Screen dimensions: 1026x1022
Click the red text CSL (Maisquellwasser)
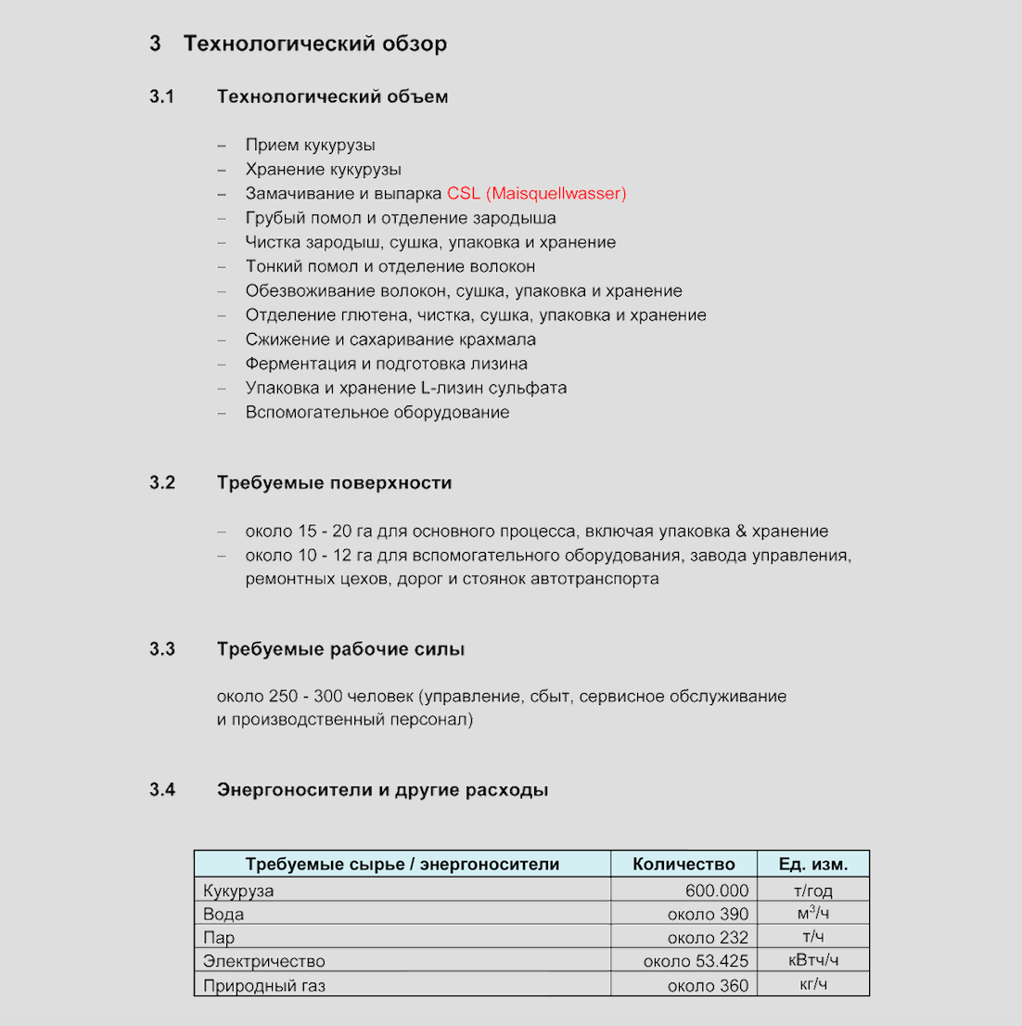pos(536,194)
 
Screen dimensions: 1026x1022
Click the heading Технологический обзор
pos(314,44)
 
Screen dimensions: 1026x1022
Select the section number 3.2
pos(162,483)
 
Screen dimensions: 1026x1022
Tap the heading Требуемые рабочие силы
pos(340,649)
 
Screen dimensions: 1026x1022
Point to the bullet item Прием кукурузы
pos(310,145)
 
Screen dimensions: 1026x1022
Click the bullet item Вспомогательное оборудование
pos(377,412)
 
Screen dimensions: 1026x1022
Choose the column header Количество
pos(683,865)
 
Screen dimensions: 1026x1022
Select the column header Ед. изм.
pos(812,865)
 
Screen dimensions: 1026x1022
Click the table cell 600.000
pos(717,891)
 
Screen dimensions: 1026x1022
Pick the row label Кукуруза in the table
pos(238,891)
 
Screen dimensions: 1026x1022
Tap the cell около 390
pos(708,914)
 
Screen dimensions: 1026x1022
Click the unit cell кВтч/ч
pos(813,960)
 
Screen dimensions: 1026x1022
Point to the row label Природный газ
pos(264,985)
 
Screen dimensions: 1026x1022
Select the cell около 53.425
pos(696,961)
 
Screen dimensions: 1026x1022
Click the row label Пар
pos(219,937)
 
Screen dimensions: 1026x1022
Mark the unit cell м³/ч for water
pos(813,914)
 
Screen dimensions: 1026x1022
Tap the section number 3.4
pos(162,790)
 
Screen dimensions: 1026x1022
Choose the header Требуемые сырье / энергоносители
pos(402,865)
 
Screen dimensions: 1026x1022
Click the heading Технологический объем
pos(332,96)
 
